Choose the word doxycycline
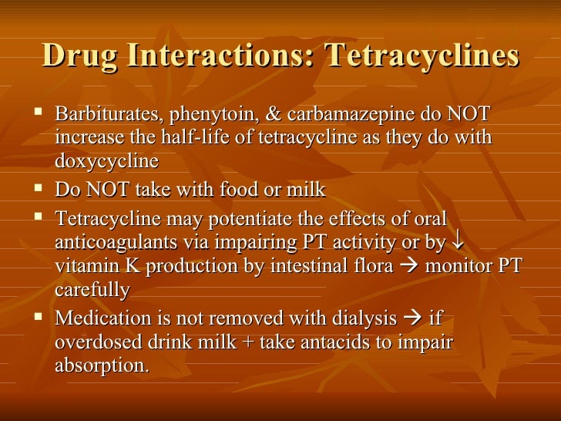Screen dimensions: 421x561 coord(106,161)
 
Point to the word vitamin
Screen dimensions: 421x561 coord(81,266)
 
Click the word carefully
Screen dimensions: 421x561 coord(92,289)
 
